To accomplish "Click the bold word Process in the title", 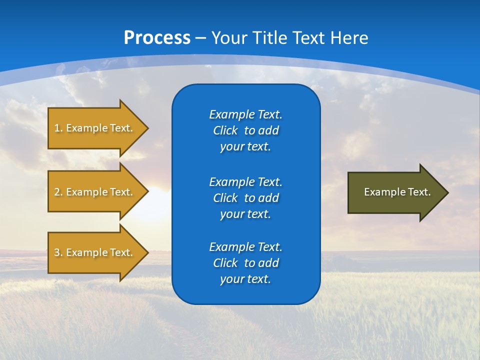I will [x=157, y=38].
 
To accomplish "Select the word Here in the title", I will [x=348, y=38].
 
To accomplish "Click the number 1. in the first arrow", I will [x=58, y=128].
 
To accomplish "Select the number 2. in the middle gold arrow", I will [x=58, y=192].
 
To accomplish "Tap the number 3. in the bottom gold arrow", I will [x=58, y=252].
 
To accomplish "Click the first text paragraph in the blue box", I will [x=245, y=130].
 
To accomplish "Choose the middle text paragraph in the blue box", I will [x=245, y=198].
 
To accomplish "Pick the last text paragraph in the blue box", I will [x=245, y=263].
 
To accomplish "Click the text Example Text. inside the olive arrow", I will [x=397, y=192].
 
